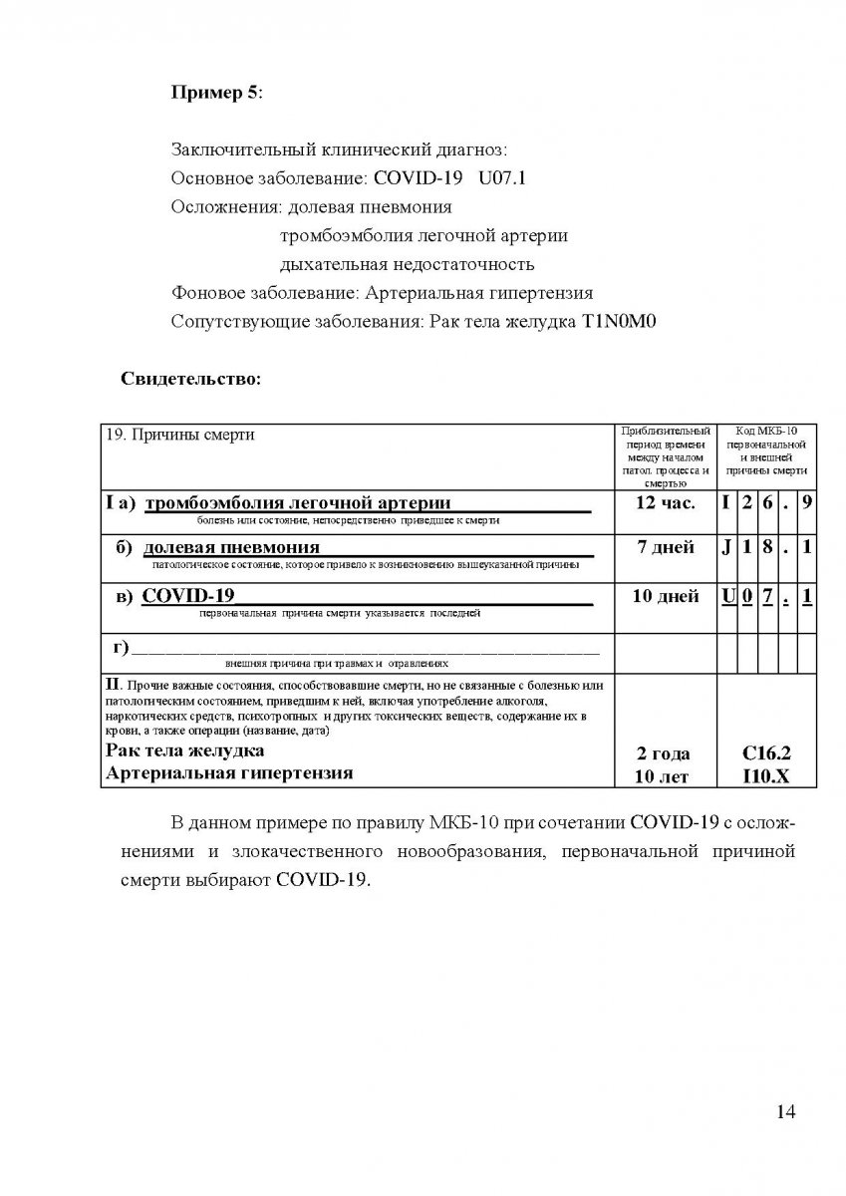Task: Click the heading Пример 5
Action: (x=217, y=93)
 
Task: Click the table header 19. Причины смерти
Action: (x=180, y=436)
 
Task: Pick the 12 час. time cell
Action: (x=665, y=503)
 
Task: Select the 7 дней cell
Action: (x=665, y=548)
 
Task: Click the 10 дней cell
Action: (x=665, y=597)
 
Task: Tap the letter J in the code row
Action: (x=727, y=548)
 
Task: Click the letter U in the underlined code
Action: (x=727, y=597)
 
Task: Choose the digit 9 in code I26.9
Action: (x=806, y=503)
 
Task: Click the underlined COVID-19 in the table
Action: (x=189, y=596)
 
